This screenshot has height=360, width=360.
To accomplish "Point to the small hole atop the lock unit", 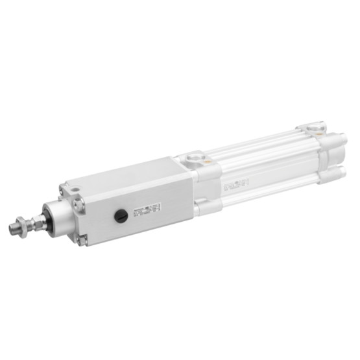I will (x=74, y=189).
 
